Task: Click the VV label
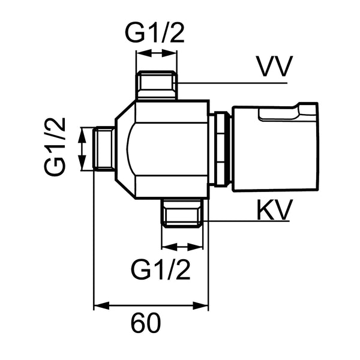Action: coord(275,66)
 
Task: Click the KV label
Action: coord(275,209)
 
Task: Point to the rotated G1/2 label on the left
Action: coord(55,147)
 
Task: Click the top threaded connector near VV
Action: coord(156,85)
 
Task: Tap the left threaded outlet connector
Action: coord(104,149)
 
